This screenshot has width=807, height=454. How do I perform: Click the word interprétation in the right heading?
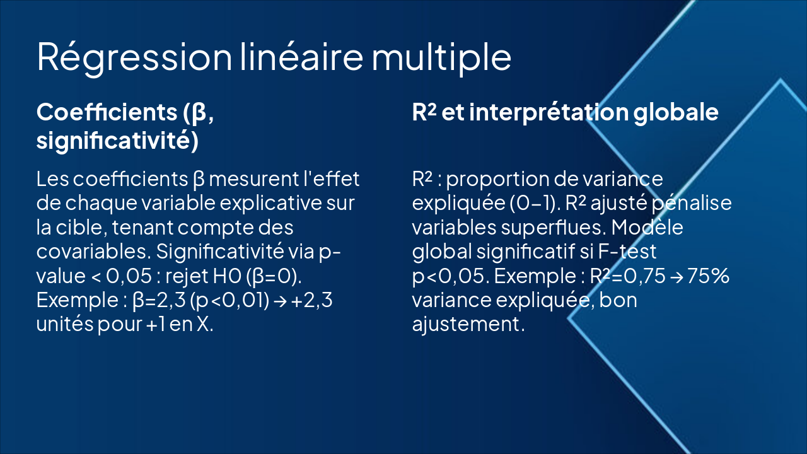tap(548, 112)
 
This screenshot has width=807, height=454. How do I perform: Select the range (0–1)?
tap(528, 204)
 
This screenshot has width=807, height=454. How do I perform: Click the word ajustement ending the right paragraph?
tap(468, 325)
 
